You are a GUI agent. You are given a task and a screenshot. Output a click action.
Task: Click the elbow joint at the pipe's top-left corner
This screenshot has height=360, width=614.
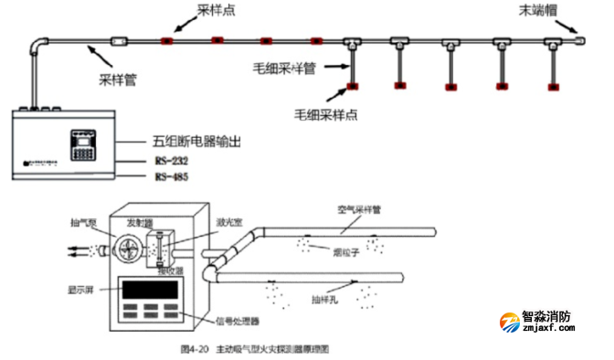click(x=38, y=43)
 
